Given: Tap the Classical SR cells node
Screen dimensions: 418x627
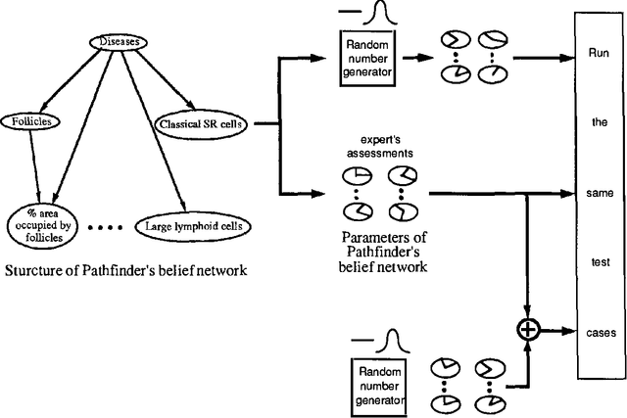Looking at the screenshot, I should point(200,124).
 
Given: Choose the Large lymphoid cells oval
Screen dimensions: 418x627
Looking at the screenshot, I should point(192,226).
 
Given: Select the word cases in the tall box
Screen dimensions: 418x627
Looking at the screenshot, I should point(599,332).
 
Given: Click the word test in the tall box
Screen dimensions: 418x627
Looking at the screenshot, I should point(599,265).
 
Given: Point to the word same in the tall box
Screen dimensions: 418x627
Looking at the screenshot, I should point(599,196).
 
